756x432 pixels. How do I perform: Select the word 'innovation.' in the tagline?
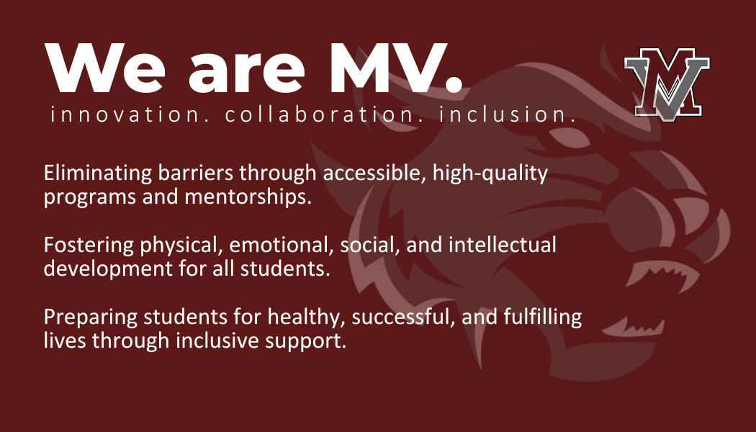click(x=130, y=114)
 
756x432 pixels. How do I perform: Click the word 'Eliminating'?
click(x=98, y=173)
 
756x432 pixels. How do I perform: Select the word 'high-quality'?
click(x=490, y=174)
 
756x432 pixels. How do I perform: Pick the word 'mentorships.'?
click(x=248, y=197)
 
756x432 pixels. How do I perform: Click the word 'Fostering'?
click(x=89, y=246)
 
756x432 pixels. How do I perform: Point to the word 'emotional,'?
click(x=282, y=245)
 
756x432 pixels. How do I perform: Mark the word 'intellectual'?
click(x=503, y=245)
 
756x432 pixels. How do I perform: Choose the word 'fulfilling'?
click(x=542, y=318)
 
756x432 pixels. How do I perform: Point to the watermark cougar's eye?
click(x=569, y=138)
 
